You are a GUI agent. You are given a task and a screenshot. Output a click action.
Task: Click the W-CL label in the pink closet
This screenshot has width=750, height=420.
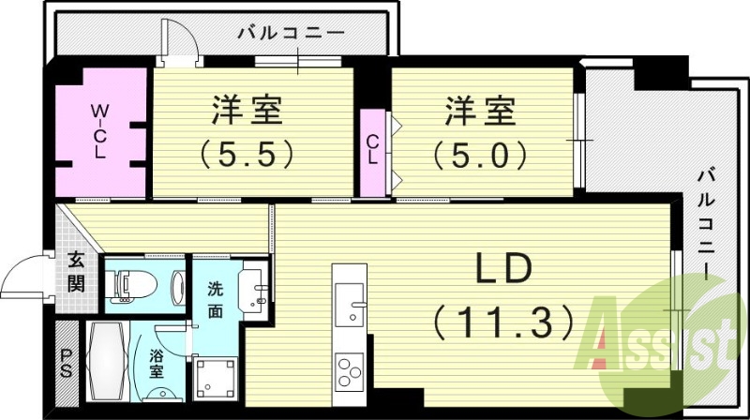click(98, 132)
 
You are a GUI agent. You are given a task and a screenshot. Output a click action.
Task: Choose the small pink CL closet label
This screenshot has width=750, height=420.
click(373, 150)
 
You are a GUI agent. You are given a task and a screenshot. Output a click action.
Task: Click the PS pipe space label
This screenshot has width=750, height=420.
click(66, 361)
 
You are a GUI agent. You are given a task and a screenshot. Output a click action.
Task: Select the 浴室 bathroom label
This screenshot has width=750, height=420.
click(157, 362)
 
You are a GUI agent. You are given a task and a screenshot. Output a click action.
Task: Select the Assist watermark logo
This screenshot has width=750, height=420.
click(656, 342)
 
